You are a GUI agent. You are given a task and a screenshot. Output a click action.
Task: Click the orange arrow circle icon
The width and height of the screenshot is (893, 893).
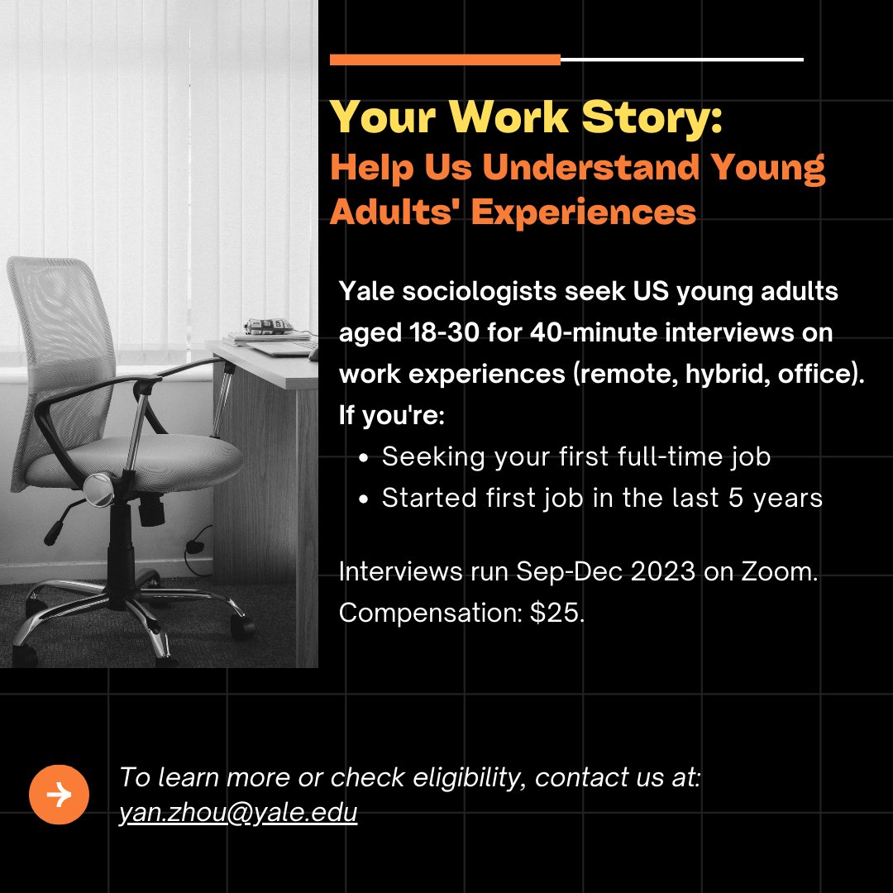click(x=59, y=795)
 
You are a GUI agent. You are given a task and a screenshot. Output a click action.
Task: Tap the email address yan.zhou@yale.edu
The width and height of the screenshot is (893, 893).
click(x=238, y=813)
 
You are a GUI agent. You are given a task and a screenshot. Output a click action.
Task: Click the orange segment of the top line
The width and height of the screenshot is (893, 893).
click(x=445, y=60)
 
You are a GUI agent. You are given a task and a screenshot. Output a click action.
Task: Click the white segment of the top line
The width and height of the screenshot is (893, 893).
click(x=681, y=60)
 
